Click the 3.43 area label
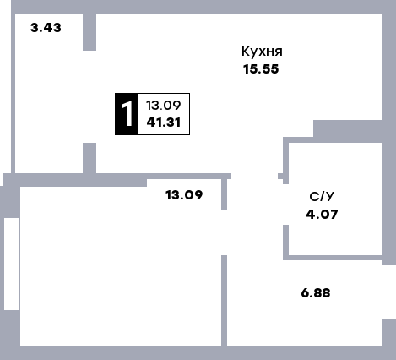(x=46, y=28)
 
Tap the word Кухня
(x=262, y=52)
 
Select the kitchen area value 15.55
(x=261, y=69)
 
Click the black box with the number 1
(x=127, y=114)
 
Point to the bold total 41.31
(x=164, y=123)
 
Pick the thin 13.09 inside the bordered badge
(x=163, y=106)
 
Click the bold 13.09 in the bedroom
(x=184, y=195)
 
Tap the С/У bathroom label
(x=322, y=197)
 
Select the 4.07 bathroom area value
(x=322, y=215)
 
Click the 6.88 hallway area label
(x=316, y=293)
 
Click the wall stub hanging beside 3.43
(x=90, y=32)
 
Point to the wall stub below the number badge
(x=90, y=158)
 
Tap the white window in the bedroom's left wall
(x=12, y=264)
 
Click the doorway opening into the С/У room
(x=285, y=205)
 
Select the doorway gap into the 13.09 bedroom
(x=224, y=232)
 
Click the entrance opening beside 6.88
(x=389, y=292)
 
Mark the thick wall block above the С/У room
(x=348, y=131)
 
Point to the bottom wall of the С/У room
(x=333, y=258)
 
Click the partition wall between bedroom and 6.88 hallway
(x=224, y=301)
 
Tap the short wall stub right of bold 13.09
(x=224, y=194)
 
